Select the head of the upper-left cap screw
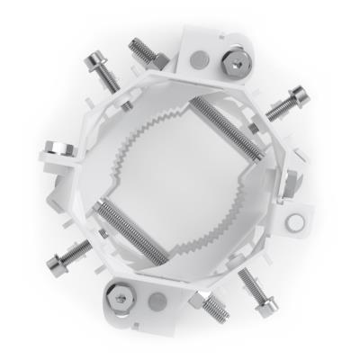pos(94,64)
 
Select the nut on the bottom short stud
pos(206,301)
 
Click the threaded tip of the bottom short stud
pos(219,316)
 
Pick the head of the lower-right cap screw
pos(266,309)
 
